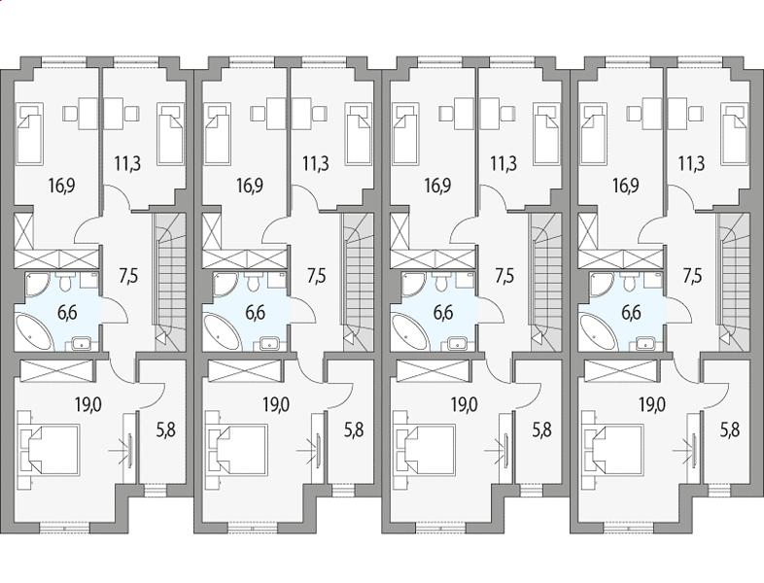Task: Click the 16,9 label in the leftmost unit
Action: (61, 186)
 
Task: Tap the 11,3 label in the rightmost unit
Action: (691, 163)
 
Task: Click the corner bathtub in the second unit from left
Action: (223, 332)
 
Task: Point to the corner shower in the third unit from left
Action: (414, 284)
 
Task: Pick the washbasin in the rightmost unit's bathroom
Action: (645, 344)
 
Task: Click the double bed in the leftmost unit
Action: (49, 450)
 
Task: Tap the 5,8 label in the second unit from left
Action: (354, 430)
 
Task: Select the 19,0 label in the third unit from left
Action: (465, 404)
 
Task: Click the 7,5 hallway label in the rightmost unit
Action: (692, 276)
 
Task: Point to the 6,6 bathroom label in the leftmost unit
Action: (67, 312)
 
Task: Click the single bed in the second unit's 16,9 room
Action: (219, 133)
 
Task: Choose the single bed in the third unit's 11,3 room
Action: (547, 133)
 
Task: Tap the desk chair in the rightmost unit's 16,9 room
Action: (635, 114)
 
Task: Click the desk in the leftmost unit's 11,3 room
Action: (114, 114)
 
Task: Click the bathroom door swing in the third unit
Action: (491, 310)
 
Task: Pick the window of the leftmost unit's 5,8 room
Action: (151, 490)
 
